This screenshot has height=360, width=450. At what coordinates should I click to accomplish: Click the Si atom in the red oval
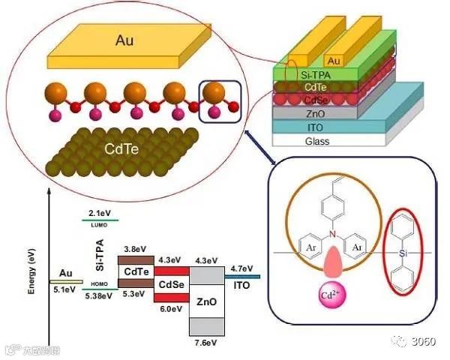(404, 253)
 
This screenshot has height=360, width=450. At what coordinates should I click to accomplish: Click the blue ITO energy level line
(243, 277)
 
